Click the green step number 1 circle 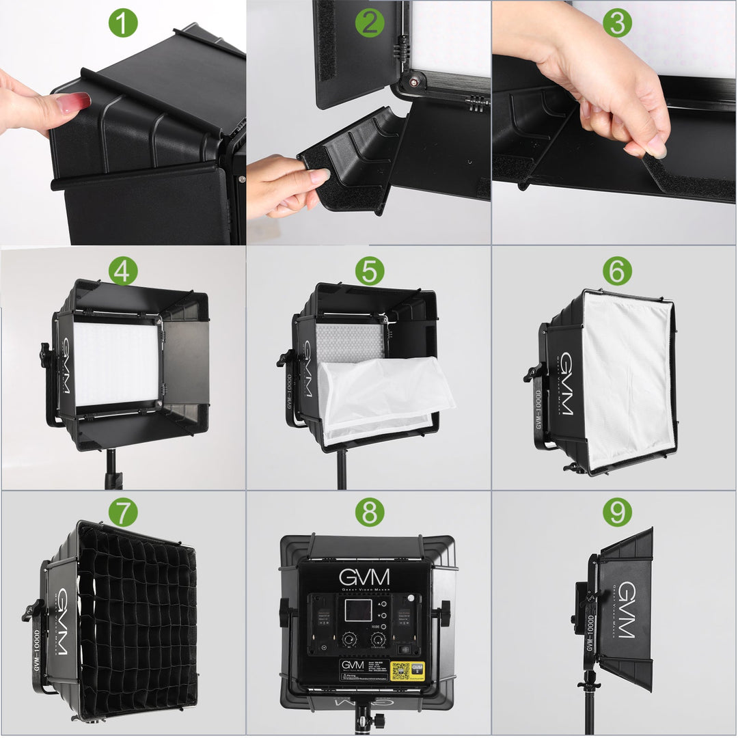[123, 24]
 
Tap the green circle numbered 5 [370, 271]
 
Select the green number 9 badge [616, 512]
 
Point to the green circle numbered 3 [616, 24]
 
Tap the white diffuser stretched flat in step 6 [625, 379]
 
